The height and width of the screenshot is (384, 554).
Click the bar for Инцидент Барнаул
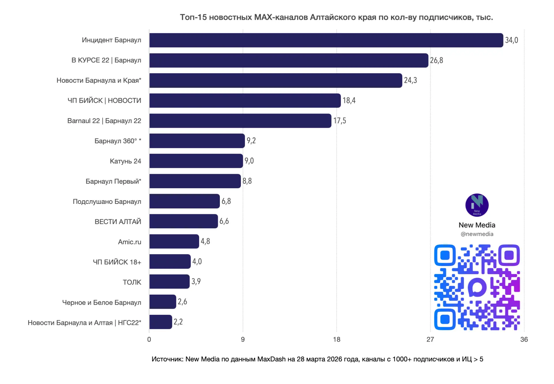pos(326,40)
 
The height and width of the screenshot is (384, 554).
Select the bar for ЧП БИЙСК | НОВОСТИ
pos(245,101)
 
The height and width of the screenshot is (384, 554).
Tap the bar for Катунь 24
pos(196,161)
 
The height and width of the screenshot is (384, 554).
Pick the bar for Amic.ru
pos(174,241)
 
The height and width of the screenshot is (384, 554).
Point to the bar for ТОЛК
pos(170,282)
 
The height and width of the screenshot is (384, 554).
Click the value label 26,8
pos(436,60)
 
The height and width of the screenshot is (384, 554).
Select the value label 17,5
pos(340,121)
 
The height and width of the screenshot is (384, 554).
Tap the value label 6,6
pos(224,221)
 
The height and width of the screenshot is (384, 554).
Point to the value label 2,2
pos(178,322)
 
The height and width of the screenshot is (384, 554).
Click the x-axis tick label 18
pos(336,339)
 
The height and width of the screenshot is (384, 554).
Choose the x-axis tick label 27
pos(430,339)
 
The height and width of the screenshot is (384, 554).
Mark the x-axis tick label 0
pos(149,339)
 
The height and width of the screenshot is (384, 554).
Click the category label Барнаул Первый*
pos(113,181)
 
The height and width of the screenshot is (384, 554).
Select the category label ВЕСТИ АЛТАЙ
pos(118,222)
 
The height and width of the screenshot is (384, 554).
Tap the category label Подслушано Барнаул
pos(107,202)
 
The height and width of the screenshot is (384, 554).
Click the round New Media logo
pos(477,205)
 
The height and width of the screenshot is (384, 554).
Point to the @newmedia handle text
pos(477,234)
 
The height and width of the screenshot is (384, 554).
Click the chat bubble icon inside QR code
pos(477,287)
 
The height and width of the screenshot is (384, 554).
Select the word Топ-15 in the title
pos(193,17)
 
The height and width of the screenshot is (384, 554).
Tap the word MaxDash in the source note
pos(271,359)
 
